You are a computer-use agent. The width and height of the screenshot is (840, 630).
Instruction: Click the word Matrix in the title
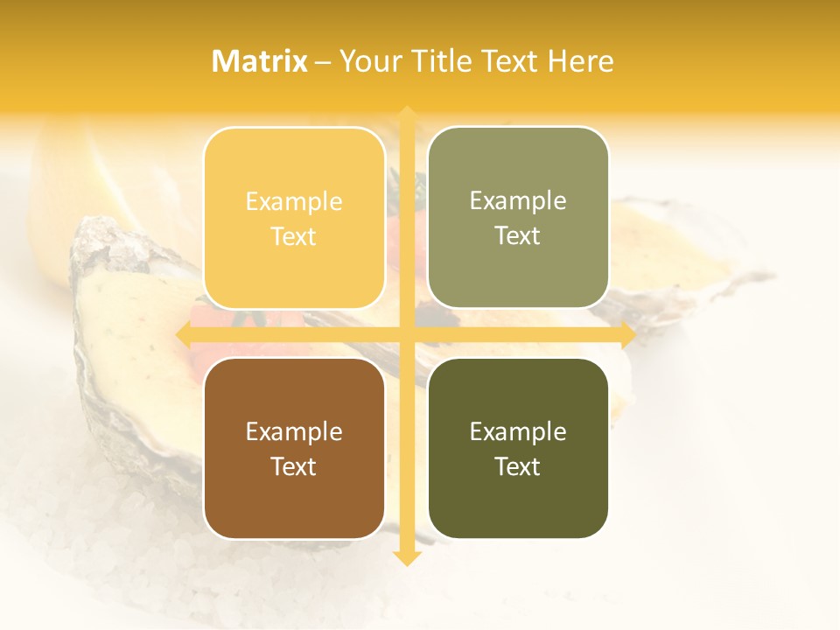point(260,61)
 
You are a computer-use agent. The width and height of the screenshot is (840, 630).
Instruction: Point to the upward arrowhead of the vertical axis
point(406,115)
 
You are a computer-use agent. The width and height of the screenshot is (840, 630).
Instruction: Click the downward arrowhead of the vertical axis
point(406,557)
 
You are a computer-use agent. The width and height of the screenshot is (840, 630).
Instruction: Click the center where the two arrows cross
point(406,334)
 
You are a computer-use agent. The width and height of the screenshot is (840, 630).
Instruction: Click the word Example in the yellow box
point(294,202)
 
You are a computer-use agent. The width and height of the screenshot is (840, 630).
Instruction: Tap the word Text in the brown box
point(294,466)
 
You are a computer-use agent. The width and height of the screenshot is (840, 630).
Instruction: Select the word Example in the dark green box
point(518,431)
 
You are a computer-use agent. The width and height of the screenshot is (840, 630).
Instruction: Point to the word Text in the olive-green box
point(518,235)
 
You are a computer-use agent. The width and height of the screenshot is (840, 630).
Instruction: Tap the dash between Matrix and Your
point(323,62)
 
